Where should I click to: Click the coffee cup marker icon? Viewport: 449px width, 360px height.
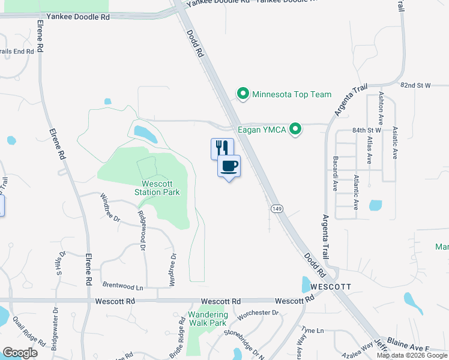pyautogui.click(x=229, y=166)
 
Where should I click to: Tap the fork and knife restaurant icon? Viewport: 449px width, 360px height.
pyautogui.click(x=222, y=148)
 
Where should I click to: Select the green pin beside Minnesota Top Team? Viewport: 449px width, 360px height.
pyautogui.click(x=243, y=94)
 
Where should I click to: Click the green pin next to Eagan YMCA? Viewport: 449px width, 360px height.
pyautogui.click(x=295, y=129)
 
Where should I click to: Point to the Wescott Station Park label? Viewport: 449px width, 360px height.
pyautogui.click(x=160, y=188)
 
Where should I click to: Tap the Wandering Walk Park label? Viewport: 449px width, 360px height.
pyautogui.click(x=208, y=319)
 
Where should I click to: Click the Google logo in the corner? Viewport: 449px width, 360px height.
pyautogui.click(x=20, y=352)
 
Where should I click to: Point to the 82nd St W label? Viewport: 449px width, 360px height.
pyautogui.click(x=416, y=86)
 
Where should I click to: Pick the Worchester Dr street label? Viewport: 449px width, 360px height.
pyautogui.click(x=259, y=313)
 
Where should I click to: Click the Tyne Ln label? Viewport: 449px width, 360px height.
pyautogui.click(x=313, y=331)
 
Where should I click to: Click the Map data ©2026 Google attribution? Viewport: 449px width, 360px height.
pyautogui.click(x=412, y=355)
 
